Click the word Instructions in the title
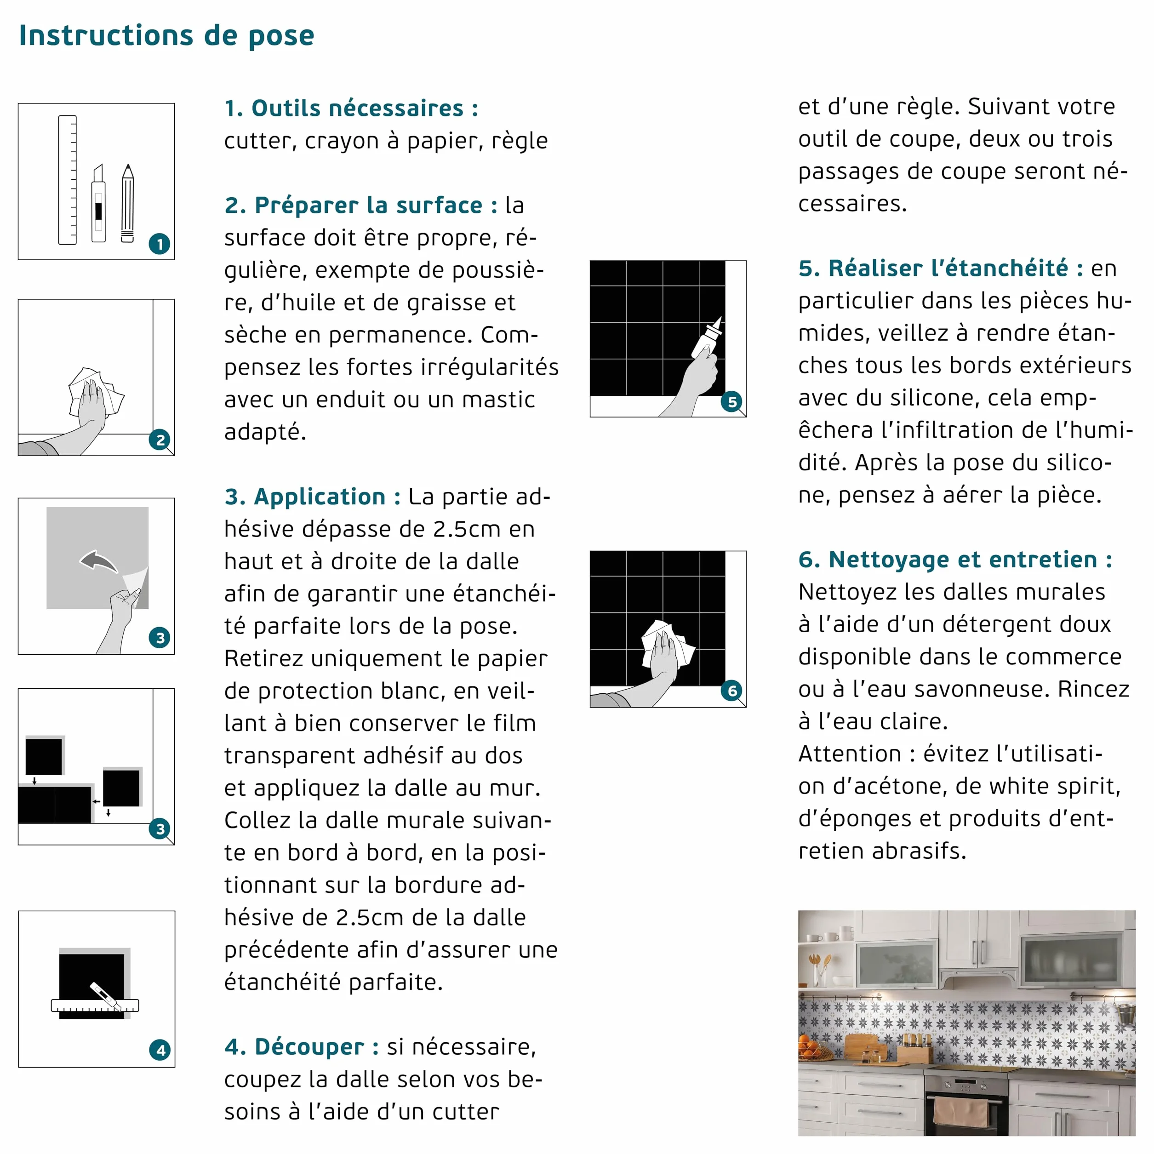click(106, 35)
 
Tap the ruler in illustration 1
click(68, 180)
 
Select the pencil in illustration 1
click(127, 203)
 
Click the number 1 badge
click(160, 244)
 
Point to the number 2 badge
click(160, 440)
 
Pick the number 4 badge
click(160, 1050)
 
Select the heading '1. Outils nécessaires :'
click(352, 108)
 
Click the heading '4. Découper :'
click(302, 1047)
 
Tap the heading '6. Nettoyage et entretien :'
click(955, 560)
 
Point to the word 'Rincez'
click(1094, 689)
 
